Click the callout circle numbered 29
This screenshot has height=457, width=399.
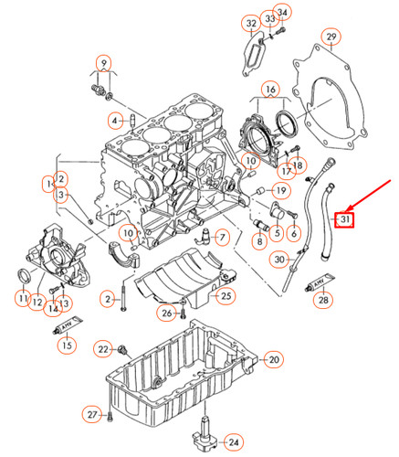click(331, 37)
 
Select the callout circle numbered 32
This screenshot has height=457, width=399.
click(250, 22)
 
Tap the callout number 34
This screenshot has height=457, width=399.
click(282, 12)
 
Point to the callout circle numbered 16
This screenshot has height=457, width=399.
click(268, 90)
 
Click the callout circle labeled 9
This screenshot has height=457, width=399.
click(105, 64)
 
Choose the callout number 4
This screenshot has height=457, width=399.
click(115, 120)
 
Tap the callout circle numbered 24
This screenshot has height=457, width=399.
click(234, 441)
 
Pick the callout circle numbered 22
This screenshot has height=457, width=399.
click(104, 349)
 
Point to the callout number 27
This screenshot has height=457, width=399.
click(92, 416)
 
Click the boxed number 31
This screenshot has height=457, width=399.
click(344, 219)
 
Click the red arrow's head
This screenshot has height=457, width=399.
click(339, 209)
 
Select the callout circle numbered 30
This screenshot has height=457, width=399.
click(281, 260)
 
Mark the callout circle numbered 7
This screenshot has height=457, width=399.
click(219, 237)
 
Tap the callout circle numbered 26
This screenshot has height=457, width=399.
click(166, 314)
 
